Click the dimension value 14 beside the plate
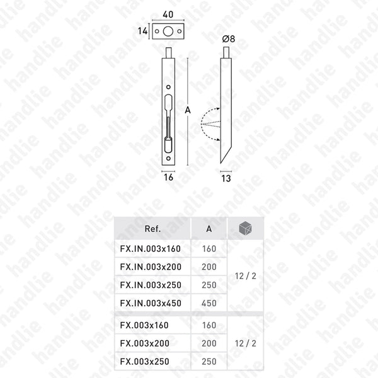tap(144, 30)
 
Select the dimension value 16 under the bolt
tap(168, 178)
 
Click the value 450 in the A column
tap(209, 303)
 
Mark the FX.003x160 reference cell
tap(145, 325)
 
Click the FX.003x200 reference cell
tap(145, 343)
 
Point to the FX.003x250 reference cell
tap(145, 362)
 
